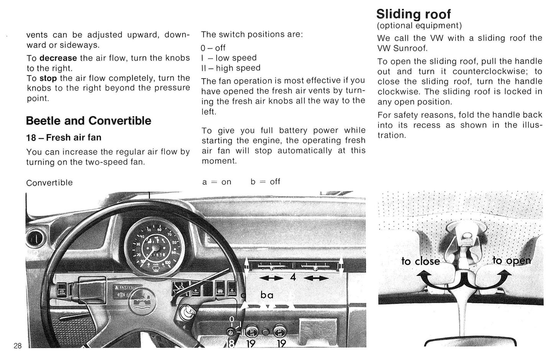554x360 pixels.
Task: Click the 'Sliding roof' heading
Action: [x=413, y=14]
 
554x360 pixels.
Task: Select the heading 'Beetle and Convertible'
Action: [x=89, y=121]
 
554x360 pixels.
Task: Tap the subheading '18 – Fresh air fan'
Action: [x=64, y=138]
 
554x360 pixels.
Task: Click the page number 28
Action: [x=18, y=346]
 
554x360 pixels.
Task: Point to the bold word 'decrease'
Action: [x=58, y=58]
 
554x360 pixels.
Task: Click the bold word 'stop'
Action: [x=48, y=78]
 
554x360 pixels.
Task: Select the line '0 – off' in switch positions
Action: [x=213, y=48]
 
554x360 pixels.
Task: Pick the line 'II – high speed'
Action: [x=230, y=68]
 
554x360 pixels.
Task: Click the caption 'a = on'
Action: [x=217, y=182]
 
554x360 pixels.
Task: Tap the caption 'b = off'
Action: [x=265, y=182]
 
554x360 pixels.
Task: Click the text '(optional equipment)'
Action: [x=419, y=26]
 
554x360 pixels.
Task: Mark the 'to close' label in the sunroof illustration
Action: [x=421, y=261]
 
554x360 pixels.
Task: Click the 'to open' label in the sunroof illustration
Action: [x=511, y=261]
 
